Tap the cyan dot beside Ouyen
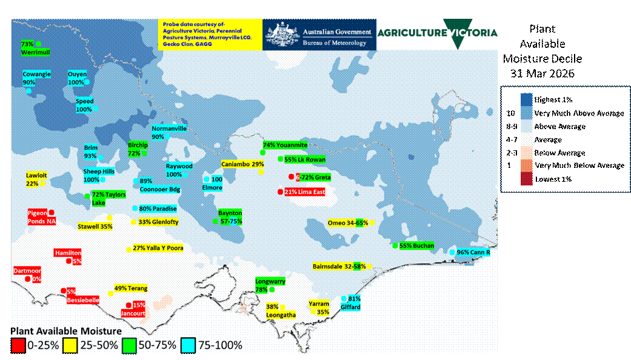pyautogui.click(x=87, y=82)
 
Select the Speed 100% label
pyautogui.click(x=84, y=105)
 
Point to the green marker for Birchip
pyautogui.click(x=144, y=153)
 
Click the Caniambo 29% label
pyautogui.click(x=242, y=164)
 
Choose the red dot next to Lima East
pyautogui.click(x=280, y=192)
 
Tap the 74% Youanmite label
pyautogui.click(x=285, y=145)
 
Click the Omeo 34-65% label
pyautogui.click(x=347, y=223)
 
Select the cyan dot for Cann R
pyautogui.click(x=452, y=252)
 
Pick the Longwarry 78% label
pyautogui.click(x=270, y=285)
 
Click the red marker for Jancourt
pyautogui.click(x=128, y=305)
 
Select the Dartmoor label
pyautogui.click(x=28, y=271)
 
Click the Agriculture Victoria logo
pyautogui.click(x=437, y=33)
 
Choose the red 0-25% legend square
pyautogui.click(x=18, y=345)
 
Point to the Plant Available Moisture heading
pyautogui.click(x=66, y=331)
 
